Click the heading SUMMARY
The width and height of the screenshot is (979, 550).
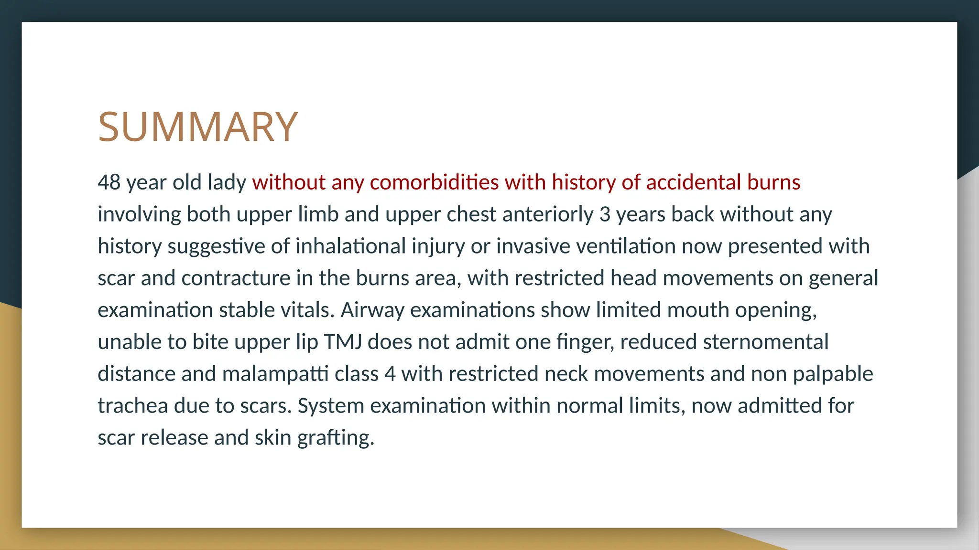(198, 127)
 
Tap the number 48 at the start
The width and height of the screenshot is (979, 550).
(109, 182)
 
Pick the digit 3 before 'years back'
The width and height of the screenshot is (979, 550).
(605, 214)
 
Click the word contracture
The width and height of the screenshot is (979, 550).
(236, 278)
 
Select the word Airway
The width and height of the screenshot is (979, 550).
(372, 310)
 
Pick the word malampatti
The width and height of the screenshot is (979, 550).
(275, 374)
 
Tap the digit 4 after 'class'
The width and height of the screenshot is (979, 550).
(390, 374)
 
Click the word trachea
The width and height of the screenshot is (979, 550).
(132, 406)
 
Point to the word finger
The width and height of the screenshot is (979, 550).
(585, 342)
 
